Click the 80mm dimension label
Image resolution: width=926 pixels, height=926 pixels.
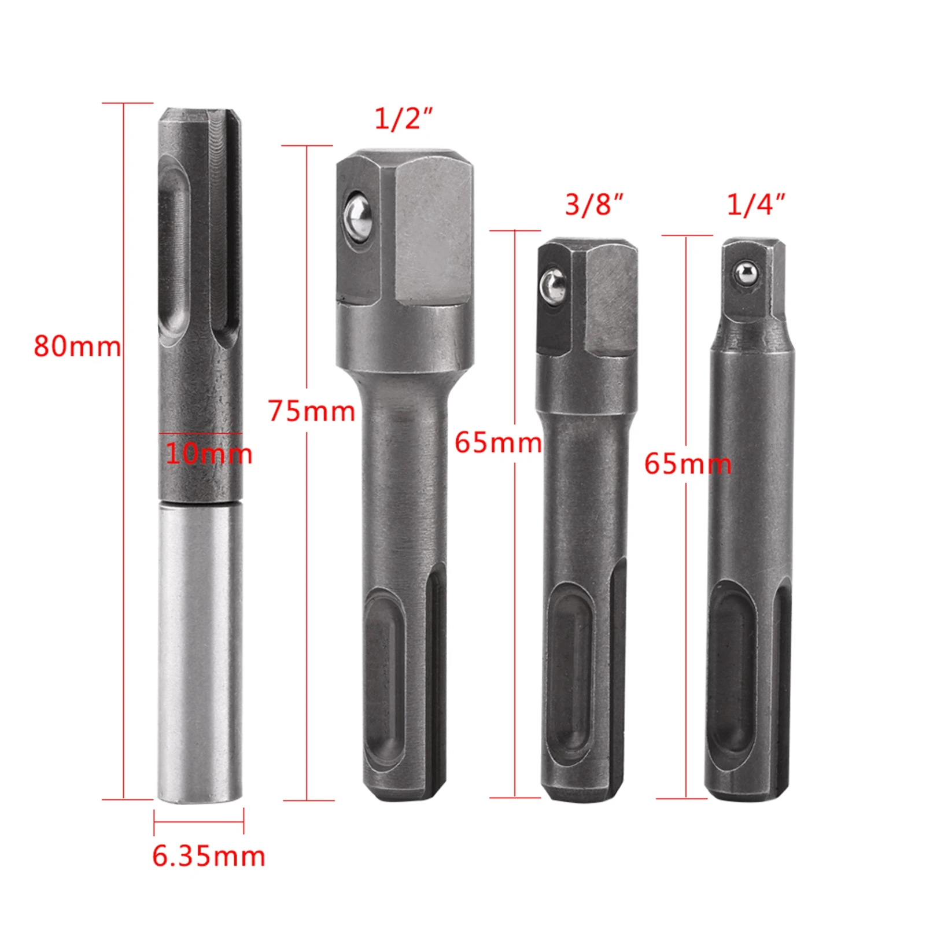pyautogui.click(x=77, y=346)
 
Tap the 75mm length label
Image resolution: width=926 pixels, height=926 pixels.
pyautogui.click(x=311, y=411)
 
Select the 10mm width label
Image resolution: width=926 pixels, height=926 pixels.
pyautogui.click(x=209, y=453)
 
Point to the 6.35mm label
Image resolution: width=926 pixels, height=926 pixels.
pyautogui.click(x=208, y=856)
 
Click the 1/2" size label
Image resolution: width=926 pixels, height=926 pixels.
pyautogui.click(x=403, y=119)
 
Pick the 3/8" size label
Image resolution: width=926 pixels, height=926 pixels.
pyautogui.click(x=593, y=205)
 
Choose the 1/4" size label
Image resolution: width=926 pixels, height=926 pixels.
pyautogui.click(x=755, y=205)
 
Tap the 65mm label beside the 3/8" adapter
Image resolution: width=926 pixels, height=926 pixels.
pyautogui.click(x=498, y=443)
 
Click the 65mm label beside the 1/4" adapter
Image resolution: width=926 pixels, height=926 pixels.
pyautogui.click(x=688, y=464)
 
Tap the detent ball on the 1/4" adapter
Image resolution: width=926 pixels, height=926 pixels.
pyautogui.click(x=745, y=272)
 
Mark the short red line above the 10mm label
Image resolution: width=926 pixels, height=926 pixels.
pyautogui.click(x=200, y=433)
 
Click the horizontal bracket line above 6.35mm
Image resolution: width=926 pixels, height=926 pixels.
pyautogui.click(x=198, y=821)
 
